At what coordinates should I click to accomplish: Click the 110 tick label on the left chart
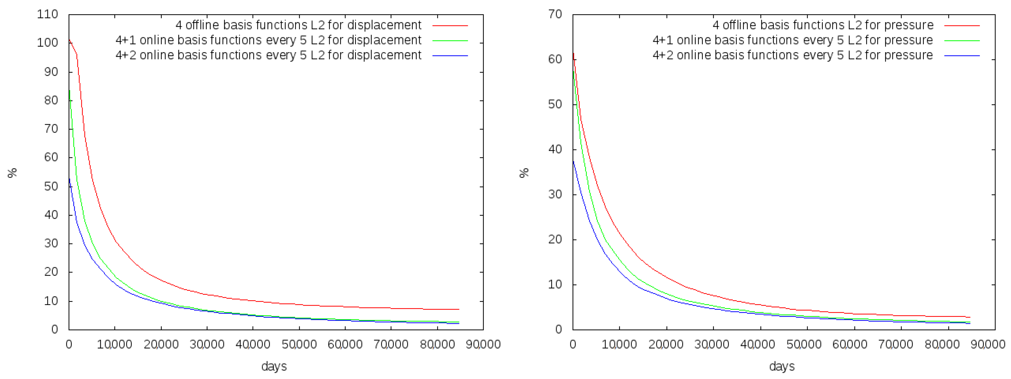click(x=48, y=14)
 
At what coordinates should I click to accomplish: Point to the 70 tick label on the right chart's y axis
click(x=555, y=14)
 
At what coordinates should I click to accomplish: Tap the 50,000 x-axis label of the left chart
click(x=299, y=345)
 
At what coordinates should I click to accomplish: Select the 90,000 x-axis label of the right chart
click(x=988, y=345)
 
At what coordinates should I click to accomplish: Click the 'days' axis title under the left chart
click(x=274, y=366)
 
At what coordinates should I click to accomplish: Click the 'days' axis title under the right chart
click(x=782, y=366)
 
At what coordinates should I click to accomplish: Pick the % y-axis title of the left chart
click(x=12, y=173)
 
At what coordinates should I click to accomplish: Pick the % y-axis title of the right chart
click(x=524, y=173)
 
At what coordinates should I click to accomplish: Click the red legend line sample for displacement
click(x=450, y=25)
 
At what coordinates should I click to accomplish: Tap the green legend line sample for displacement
click(x=450, y=41)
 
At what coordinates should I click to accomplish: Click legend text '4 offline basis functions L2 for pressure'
click(x=823, y=25)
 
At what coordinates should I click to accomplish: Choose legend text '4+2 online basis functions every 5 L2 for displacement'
click(x=268, y=55)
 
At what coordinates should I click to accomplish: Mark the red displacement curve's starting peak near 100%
click(x=70, y=40)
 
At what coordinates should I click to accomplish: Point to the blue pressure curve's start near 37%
click(x=573, y=161)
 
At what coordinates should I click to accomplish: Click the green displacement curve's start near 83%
click(x=70, y=91)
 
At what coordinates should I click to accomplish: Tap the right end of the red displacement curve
click(x=459, y=309)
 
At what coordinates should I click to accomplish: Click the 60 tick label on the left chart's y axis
click(x=51, y=157)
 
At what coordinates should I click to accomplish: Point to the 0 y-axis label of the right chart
click(x=559, y=329)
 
